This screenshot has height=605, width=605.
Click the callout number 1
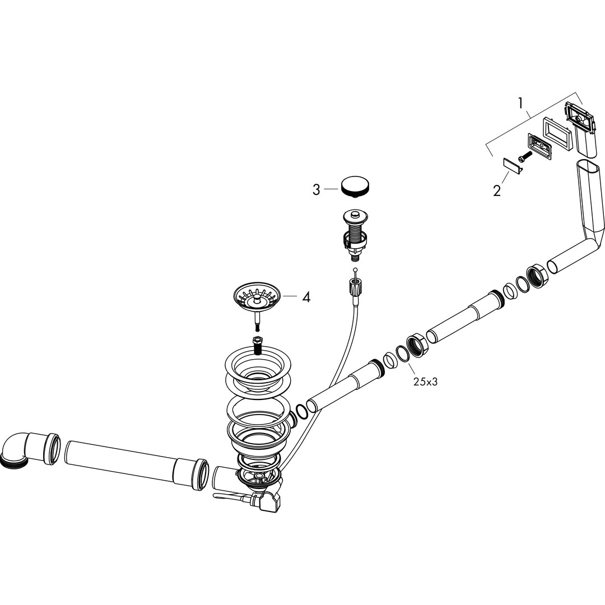521,103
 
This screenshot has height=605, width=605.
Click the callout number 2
496,190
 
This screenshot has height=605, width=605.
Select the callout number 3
317,190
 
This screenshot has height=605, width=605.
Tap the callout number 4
306,297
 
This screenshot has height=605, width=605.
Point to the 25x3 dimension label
425,382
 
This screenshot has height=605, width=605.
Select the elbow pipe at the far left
29,449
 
